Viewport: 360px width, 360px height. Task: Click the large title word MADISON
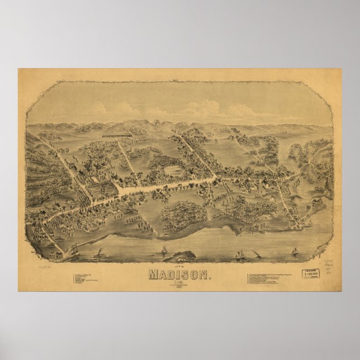179,275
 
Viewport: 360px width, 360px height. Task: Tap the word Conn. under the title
179,282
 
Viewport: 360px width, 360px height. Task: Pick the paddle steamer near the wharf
98,254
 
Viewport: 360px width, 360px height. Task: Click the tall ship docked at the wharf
75,250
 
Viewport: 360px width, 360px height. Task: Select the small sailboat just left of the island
164,250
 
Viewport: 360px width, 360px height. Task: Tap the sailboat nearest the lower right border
295,251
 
